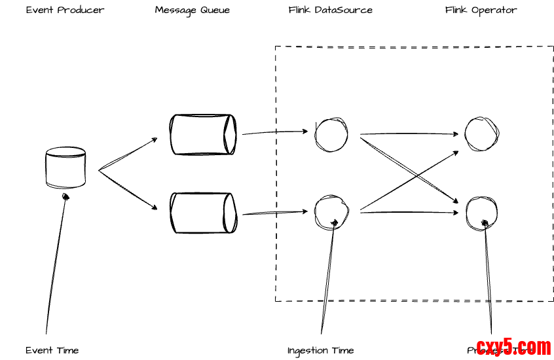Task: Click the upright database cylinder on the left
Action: coord(65,168)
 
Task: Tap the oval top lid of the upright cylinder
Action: coord(65,153)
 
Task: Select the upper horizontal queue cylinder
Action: coord(203,134)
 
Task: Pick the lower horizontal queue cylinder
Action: coord(203,213)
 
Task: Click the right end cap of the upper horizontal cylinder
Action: coord(230,134)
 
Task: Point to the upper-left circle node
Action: coord(331,135)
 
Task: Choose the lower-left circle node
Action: coord(331,211)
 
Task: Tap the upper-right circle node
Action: coord(482,134)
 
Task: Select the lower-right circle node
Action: coord(482,213)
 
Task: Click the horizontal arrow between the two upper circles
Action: coord(409,134)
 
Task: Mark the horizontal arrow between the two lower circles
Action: coord(409,212)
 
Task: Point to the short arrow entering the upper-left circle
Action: coord(291,132)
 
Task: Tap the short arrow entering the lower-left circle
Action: coord(291,212)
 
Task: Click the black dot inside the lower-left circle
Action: coord(334,223)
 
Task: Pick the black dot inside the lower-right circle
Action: coord(485,224)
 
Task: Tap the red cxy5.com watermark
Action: coord(513,347)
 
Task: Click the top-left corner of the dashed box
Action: coord(275,46)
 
